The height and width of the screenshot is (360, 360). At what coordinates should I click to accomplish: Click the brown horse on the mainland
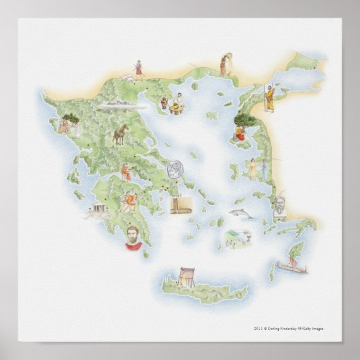[120, 134]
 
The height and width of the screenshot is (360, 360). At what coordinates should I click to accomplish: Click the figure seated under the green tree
[242, 123]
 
